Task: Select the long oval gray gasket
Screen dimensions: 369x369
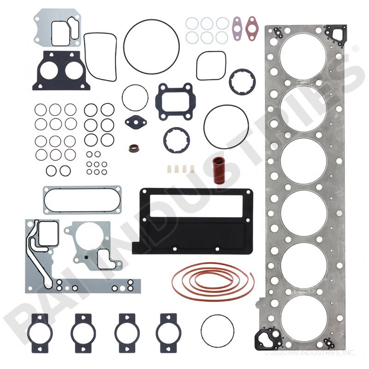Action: click(x=82, y=200)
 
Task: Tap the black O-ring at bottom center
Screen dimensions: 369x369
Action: click(x=217, y=330)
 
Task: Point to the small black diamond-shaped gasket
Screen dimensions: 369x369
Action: click(x=136, y=123)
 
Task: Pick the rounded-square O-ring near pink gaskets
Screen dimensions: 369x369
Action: click(x=211, y=65)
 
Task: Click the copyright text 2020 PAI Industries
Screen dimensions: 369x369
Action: click(x=309, y=353)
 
